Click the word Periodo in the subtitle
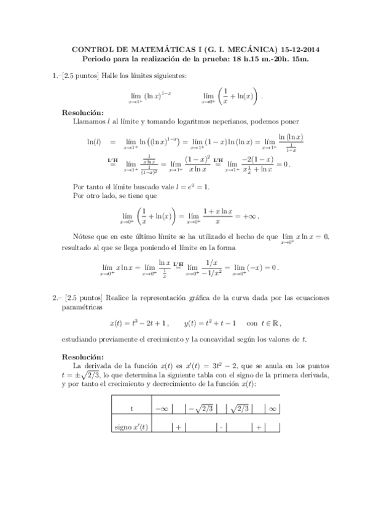coord(101,59)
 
